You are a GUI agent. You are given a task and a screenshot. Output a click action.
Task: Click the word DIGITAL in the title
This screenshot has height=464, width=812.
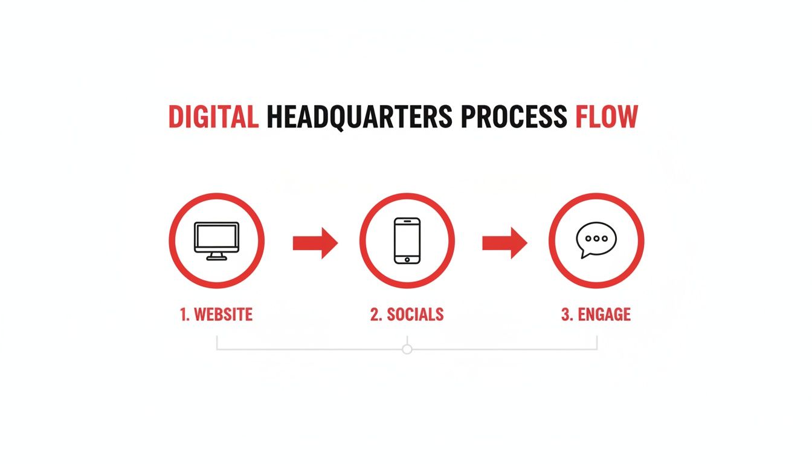pos(213,117)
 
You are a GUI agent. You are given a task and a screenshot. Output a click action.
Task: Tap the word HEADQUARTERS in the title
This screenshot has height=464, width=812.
pos(359,117)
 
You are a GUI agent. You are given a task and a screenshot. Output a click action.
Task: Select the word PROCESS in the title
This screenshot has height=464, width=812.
pos(514,117)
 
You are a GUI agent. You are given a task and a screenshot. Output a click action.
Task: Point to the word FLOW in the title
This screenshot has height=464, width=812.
pos(606,117)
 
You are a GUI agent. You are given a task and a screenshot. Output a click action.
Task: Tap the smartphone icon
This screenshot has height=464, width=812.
pos(407,240)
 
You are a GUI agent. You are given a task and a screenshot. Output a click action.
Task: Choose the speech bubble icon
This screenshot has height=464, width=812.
pos(596,239)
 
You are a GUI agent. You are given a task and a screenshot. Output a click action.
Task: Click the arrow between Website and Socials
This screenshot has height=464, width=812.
pos(315,243)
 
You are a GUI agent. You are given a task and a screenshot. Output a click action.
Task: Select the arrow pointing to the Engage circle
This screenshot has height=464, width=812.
pos(504,243)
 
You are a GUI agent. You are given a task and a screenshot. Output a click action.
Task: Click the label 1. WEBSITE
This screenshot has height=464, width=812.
pos(216,315)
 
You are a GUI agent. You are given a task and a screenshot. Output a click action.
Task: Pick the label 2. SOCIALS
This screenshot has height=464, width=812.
pos(407,315)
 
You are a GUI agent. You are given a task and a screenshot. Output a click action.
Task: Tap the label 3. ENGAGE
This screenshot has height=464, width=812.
pos(596,315)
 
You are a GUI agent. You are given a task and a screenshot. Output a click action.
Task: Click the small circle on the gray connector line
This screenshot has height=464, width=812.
pos(407,349)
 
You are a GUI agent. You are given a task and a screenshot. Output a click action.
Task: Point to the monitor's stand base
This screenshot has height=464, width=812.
pos(216,258)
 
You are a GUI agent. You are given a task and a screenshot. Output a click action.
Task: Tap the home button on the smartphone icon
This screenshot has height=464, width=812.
pos(407,259)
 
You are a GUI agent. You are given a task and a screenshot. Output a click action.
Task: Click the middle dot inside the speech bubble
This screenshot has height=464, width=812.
pos(596,238)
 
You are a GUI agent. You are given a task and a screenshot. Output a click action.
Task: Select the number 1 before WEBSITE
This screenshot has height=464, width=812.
pos(184,315)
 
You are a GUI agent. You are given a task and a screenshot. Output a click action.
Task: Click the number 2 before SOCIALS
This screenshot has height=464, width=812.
pos(375,315)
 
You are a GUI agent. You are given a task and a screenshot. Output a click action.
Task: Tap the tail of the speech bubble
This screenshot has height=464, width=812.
pos(584,254)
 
